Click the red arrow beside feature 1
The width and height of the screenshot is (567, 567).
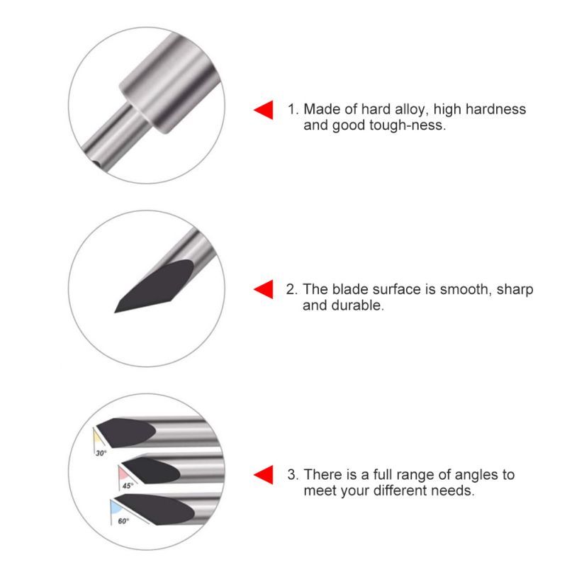tap(264, 110)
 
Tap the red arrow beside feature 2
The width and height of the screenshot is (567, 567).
tap(264, 289)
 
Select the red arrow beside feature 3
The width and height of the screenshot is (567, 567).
tap(264, 474)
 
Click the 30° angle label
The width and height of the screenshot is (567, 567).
tap(101, 453)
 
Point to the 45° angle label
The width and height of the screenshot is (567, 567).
tap(128, 485)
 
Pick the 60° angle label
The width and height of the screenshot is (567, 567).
tap(123, 521)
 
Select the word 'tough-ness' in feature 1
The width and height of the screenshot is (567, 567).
tap(408, 125)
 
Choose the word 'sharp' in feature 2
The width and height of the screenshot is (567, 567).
tap(515, 291)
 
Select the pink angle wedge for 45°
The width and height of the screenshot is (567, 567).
tap(123, 473)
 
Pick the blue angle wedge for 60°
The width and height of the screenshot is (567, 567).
tap(116, 507)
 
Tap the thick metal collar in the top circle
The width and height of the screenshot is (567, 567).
tap(169, 83)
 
